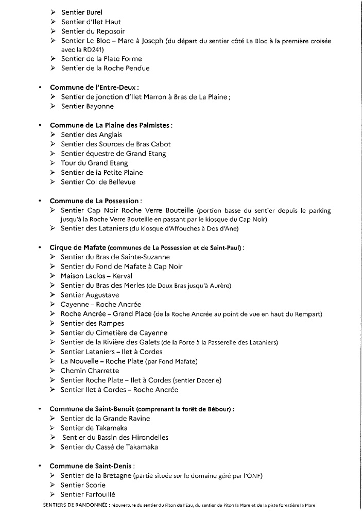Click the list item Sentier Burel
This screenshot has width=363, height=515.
click(x=81, y=12)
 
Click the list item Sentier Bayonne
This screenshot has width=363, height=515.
click(x=87, y=106)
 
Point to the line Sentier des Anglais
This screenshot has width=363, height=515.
click(x=91, y=135)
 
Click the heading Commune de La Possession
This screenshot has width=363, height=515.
click(x=95, y=201)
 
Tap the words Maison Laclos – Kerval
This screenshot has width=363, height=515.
click(x=96, y=276)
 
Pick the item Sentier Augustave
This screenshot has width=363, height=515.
click(x=90, y=295)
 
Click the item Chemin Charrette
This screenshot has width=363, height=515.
click(x=89, y=371)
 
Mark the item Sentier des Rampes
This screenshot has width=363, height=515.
click(x=92, y=323)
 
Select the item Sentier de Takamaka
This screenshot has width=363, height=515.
click(x=94, y=428)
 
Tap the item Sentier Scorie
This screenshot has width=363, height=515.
click(x=83, y=485)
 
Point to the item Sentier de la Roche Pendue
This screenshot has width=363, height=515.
click(x=105, y=68)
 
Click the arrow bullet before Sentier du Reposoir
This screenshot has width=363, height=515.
click(x=53, y=31)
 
